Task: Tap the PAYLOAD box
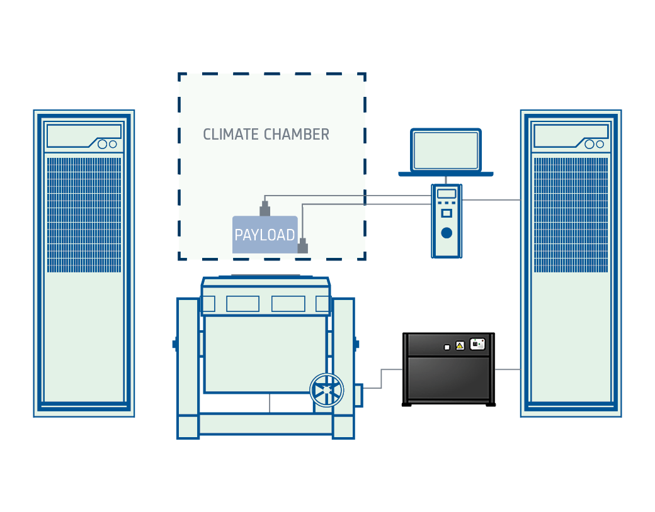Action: click(x=265, y=235)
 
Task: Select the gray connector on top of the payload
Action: click(x=265, y=209)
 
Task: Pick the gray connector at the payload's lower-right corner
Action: click(x=302, y=246)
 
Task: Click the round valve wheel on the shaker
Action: click(x=327, y=391)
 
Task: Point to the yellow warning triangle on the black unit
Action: click(x=460, y=345)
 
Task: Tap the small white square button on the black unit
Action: click(x=447, y=347)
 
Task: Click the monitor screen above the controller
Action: click(x=446, y=150)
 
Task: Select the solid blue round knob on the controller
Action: click(x=447, y=233)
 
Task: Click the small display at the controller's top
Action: click(x=447, y=194)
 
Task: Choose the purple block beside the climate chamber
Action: click(x=382, y=185)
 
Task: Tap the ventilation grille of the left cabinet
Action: click(x=84, y=214)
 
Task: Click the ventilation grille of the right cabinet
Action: click(x=571, y=214)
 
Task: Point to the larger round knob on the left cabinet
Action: click(x=102, y=144)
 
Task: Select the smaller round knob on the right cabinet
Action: click(x=600, y=144)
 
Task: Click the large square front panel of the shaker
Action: click(x=265, y=353)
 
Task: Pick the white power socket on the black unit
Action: click(x=477, y=344)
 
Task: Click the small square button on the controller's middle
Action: click(x=447, y=213)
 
